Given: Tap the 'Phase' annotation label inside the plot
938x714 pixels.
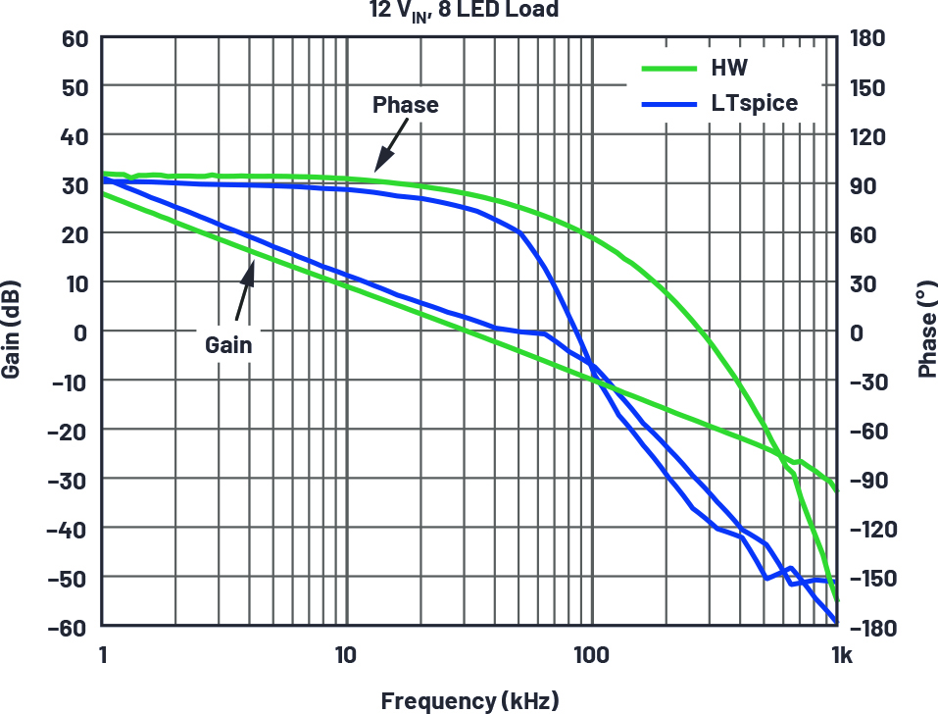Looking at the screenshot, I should tap(405, 105).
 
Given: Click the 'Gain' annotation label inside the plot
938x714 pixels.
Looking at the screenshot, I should tap(228, 344).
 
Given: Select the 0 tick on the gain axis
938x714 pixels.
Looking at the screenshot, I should tap(82, 331).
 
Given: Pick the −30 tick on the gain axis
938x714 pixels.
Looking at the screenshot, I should tap(72, 479).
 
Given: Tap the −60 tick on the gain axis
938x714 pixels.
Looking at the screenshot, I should tap(72, 626).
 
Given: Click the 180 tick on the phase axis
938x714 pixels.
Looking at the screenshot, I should tap(867, 38).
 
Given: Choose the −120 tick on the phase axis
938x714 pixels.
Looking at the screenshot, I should tap(867, 529).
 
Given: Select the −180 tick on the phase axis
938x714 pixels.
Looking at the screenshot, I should tap(867, 626).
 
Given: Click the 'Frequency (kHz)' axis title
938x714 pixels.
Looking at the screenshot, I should tap(469, 700).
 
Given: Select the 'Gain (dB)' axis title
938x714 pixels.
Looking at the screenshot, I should tap(13, 332).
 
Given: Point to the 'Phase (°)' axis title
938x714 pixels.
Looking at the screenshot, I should tap(926, 332).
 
